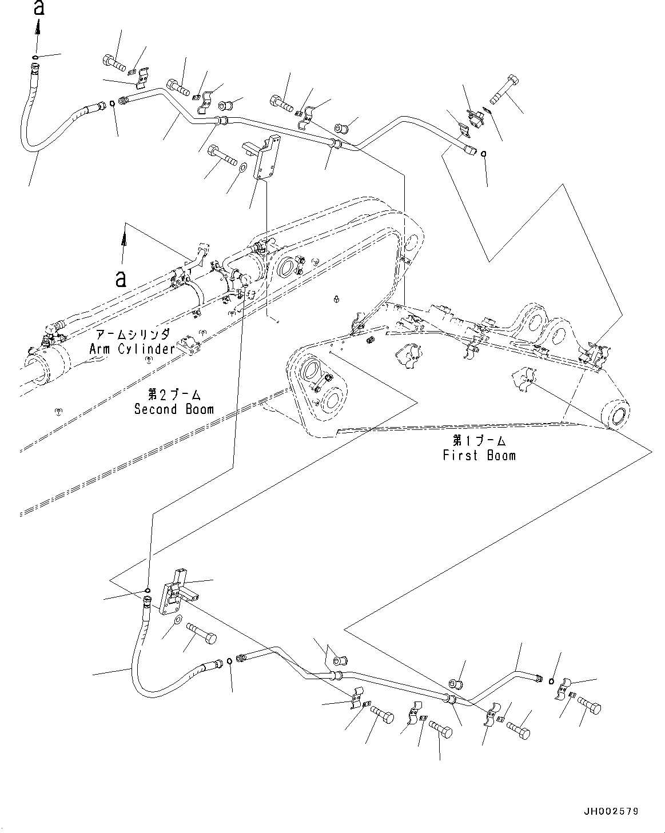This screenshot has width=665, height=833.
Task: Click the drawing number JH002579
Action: coord(611,811)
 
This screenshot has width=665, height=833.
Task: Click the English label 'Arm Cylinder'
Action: coord(132,348)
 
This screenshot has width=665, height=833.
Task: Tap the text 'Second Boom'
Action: coord(174,409)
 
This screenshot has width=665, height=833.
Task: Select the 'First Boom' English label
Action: coord(479,455)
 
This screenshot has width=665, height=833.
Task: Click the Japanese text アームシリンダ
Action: coord(132,335)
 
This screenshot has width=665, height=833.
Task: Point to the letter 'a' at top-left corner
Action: coord(38,8)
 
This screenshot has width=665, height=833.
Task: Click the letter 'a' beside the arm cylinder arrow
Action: coord(121,278)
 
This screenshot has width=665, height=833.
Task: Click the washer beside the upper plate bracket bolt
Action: coord(242,168)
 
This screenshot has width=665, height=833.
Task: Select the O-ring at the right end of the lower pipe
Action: coord(550,680)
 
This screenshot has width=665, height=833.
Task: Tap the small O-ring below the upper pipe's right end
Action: coord(484,153)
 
